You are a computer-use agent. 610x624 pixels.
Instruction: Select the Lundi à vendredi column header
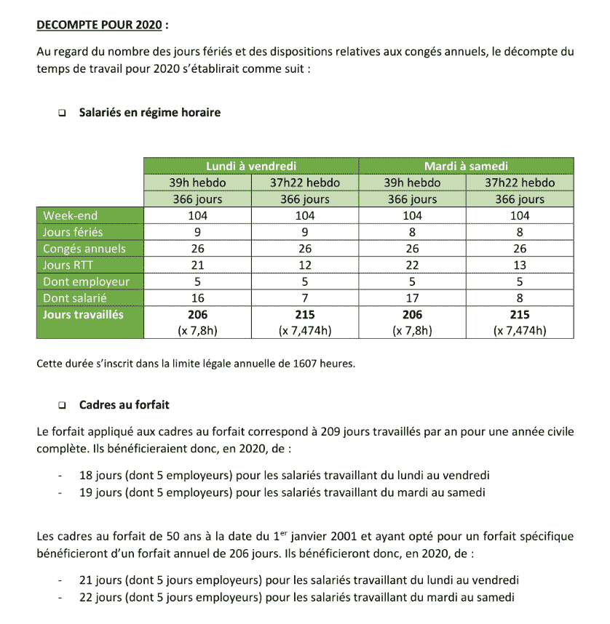point(251,167)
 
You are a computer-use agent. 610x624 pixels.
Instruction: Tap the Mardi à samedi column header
point(466,167)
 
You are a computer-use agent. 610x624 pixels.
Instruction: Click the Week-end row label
point(70,215)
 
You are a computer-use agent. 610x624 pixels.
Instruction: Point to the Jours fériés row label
point(73,232)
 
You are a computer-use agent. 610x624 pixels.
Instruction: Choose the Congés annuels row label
point(84,249)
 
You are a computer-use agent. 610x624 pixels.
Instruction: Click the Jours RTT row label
point(67,265)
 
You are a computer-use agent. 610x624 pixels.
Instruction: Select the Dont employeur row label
point(86,281)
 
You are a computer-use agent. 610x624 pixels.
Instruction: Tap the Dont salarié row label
point(76,298)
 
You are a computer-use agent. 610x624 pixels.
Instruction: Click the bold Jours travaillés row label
point(83,315)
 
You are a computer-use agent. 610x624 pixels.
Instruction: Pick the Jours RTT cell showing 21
point(197,265)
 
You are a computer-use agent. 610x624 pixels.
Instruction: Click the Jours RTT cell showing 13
point(520,265)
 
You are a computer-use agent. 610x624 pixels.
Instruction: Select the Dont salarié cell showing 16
point(197,298)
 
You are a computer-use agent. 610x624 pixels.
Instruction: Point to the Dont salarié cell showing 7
point(305,298)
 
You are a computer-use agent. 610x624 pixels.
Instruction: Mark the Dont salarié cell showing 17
point(412,298)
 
